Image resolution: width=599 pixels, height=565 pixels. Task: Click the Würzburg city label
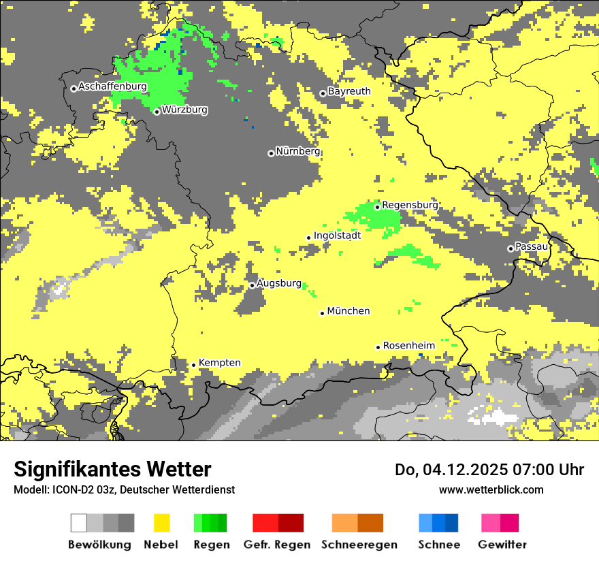click(184, 110)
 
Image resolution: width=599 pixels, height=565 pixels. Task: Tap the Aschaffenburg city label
click(112, 86)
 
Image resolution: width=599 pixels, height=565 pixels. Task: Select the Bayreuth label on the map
click(349, 91)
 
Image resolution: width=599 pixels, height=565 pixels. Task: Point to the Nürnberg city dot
click(271, 153)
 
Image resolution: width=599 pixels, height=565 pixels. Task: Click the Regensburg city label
click(410, 205)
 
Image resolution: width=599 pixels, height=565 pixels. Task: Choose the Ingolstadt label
click(337, 236)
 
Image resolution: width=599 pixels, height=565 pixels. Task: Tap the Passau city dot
click(511, 248)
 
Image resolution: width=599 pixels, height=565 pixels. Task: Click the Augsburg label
click(279, 283)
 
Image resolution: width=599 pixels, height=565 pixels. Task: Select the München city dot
click(323, 313)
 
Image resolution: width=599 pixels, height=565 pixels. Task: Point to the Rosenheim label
click(408, 346)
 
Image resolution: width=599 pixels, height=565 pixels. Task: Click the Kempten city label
click(219, 363)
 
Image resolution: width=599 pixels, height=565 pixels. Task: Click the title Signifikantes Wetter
click(112, 469)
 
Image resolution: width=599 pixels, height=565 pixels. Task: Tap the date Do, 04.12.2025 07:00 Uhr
click(489, 470)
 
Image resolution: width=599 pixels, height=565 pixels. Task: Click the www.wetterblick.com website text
click(491, 489)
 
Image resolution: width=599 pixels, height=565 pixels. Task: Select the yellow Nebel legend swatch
click(161, 523)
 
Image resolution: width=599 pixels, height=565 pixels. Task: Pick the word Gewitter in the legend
click(502, 545)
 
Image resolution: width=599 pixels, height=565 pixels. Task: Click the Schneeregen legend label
click(359, 545)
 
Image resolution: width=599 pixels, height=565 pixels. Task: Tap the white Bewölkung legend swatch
click(79, 523)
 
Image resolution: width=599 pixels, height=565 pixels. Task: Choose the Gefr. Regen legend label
click(277, 545)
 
